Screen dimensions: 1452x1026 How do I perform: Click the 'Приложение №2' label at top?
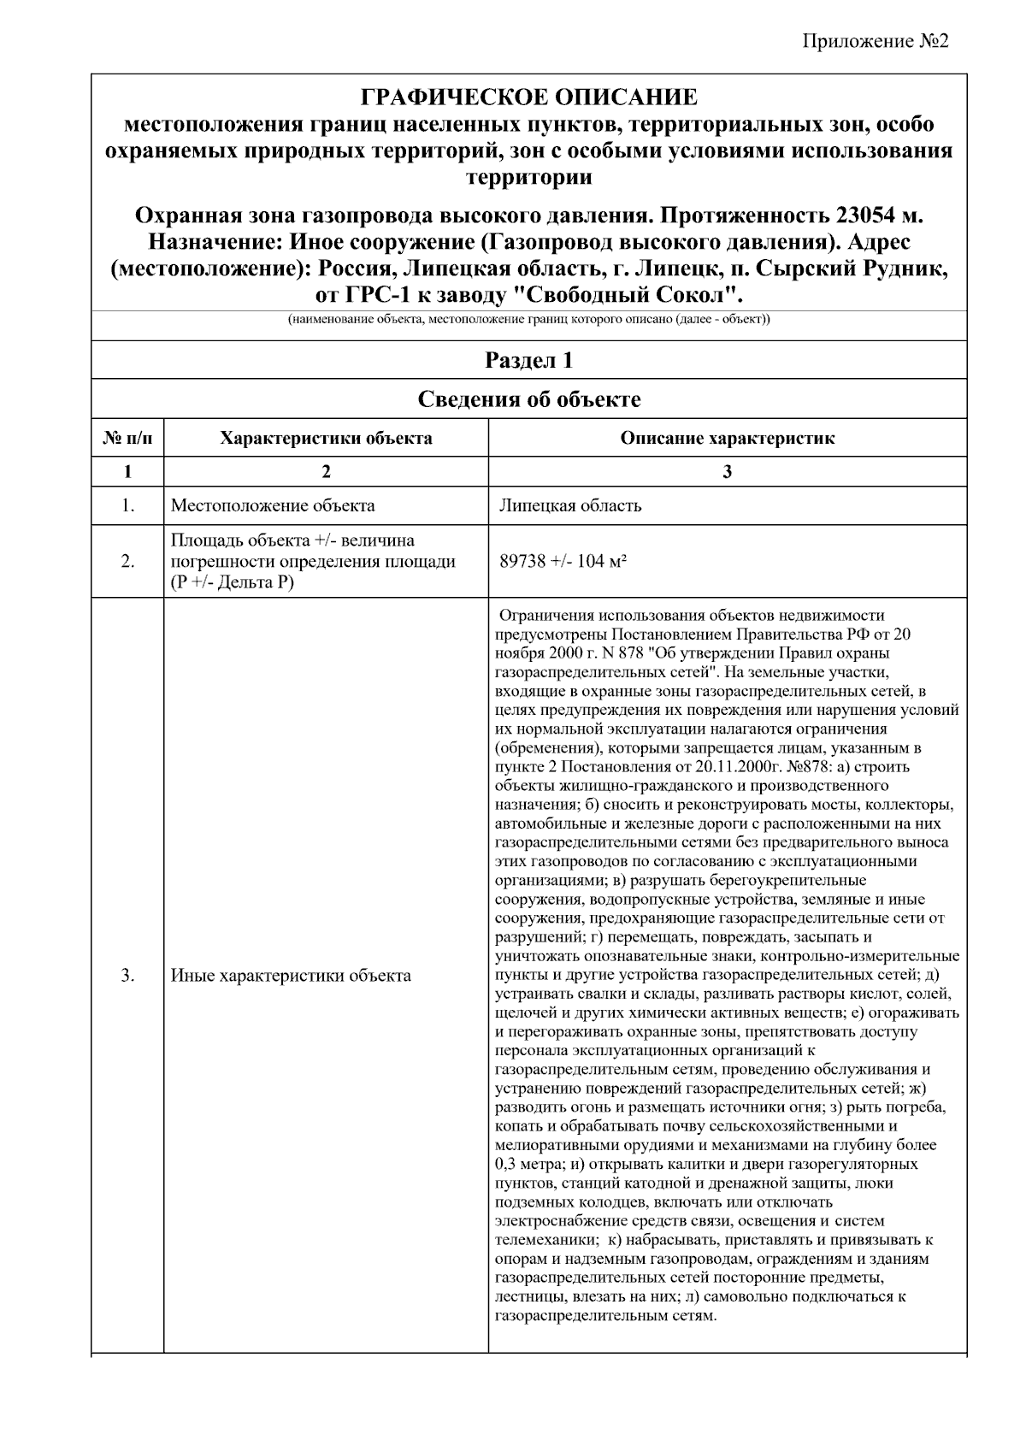coord(876,43)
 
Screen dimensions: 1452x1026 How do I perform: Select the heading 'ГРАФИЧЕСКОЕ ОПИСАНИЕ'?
coord(528,97)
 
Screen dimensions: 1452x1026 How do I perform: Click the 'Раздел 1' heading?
coord(528,360)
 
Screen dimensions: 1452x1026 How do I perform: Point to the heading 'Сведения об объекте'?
coord(528,399)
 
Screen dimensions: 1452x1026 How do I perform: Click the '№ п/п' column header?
coord(128,439)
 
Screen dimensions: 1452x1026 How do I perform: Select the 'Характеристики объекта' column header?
coord(326,439)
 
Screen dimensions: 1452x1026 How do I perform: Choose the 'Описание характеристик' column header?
coord(728,439)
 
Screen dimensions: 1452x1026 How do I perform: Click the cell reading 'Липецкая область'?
coord(570,505)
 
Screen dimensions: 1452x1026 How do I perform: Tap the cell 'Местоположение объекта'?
coord(273,505)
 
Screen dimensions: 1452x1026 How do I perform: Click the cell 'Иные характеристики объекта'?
coord(291,976)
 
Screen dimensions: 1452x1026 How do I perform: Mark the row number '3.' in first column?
coord(128,976)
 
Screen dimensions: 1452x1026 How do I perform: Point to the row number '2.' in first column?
coord(128,561)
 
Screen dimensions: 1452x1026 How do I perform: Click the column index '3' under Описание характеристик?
coord(728,471)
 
